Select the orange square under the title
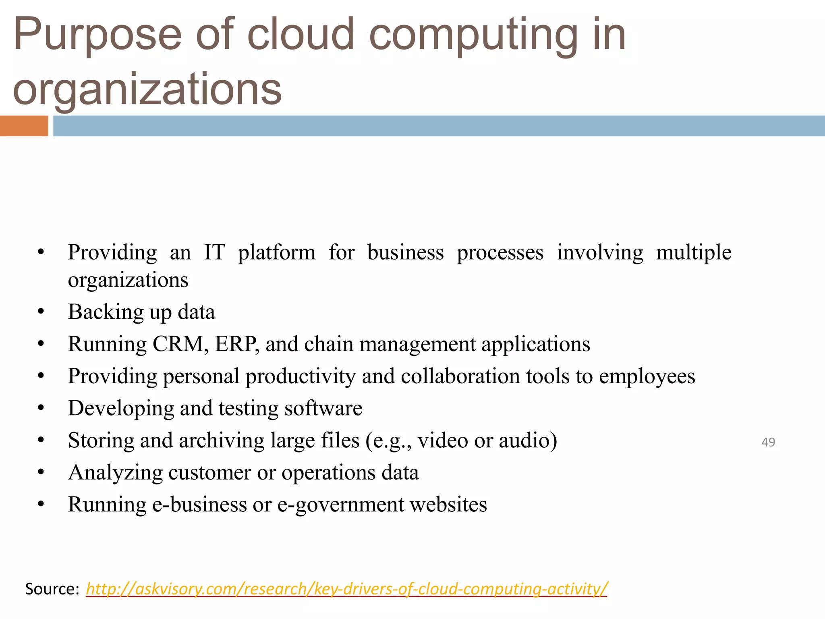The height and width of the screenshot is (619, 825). click(x=24, y=126)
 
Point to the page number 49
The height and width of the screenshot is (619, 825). click(x=768, y=442)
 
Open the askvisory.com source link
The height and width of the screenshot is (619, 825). click(x=346, y=589)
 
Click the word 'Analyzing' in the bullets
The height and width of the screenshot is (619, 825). click(x=115, y=473)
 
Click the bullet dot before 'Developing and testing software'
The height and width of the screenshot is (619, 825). click(x=41, y=409)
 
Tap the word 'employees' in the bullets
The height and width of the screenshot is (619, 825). click(x=647, y=376)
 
